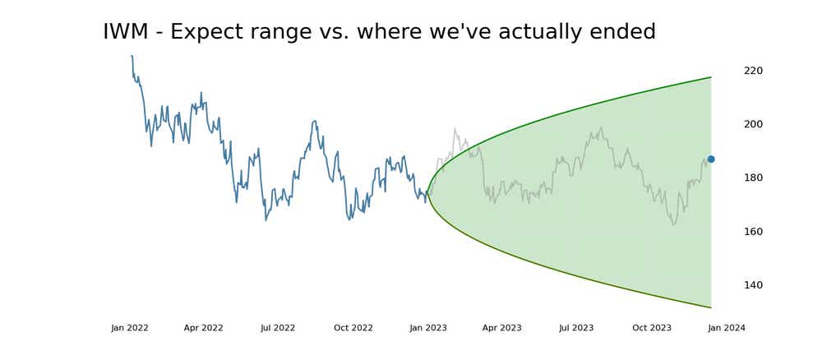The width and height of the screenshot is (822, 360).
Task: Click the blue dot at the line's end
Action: coord(711,159)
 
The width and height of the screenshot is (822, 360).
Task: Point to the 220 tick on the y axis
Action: coord(753,71)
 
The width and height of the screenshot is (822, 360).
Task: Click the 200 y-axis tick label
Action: coord(753,124)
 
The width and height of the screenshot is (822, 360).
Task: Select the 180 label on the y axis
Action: coord(753,178)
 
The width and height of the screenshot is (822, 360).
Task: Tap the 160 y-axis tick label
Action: coord(753,232)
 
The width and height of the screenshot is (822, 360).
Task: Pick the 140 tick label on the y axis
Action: coord(753,285)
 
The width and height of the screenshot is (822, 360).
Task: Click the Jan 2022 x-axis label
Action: coord(130,328)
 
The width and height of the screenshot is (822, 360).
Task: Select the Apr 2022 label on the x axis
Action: coord(203,328)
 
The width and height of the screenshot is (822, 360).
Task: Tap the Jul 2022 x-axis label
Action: coord(278,328)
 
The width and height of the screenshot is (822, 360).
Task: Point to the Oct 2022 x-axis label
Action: coord(353,328)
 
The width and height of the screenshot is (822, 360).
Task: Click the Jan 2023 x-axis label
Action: coord(428,328)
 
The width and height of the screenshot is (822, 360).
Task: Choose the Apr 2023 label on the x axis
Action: coord(501,328)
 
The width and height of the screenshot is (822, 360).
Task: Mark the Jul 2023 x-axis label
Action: coord(576,328)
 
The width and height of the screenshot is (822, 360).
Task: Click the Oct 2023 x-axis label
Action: coord(652,328)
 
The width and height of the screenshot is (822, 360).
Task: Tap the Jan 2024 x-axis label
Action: coord(727,328)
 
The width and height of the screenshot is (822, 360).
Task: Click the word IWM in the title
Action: coord(127,32)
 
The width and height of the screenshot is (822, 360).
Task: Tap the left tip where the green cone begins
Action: coord(427,192)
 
